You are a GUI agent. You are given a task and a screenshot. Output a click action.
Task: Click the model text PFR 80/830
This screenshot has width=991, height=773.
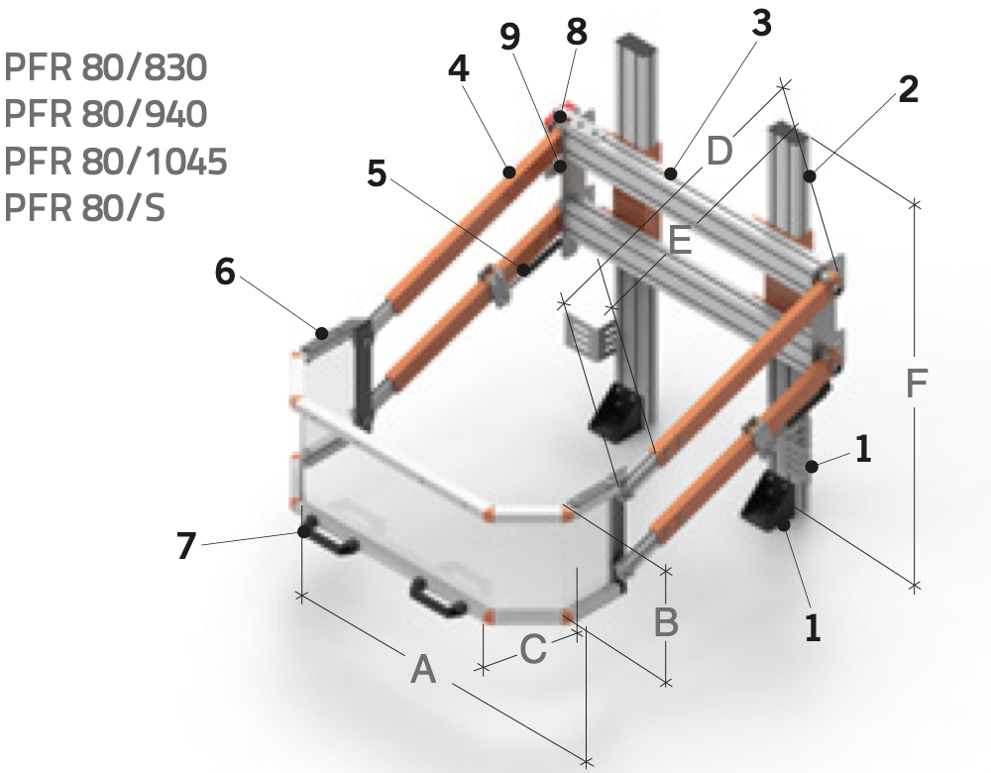coord(106,67)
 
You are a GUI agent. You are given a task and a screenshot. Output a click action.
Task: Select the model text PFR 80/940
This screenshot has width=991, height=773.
coord(106,114)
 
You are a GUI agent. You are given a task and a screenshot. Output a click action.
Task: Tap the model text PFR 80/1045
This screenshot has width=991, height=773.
coord(116,162)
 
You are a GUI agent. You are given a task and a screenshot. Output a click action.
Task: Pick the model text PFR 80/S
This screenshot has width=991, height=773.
coord(84,207)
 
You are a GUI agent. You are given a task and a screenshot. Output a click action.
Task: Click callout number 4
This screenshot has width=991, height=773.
coord(459,69)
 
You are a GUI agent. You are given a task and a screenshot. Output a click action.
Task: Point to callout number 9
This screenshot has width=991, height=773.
coord(510,37)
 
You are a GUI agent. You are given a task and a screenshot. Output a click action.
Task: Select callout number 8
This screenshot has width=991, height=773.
coord(577,32)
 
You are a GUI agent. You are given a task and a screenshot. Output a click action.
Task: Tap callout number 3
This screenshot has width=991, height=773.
coord(762,24)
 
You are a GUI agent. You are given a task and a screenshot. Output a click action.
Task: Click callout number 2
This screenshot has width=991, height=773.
coord(908,89)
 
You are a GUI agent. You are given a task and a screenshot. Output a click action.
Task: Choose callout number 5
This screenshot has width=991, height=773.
coord(377,173)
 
